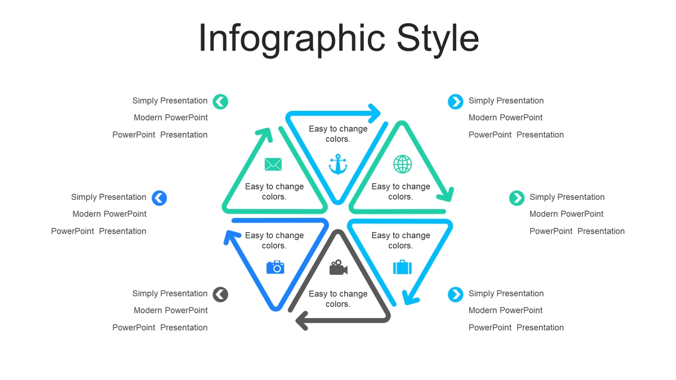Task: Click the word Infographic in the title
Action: pyautogui.click(x=292, y=39)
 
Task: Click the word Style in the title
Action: pyautogui.click(x=438, y=39)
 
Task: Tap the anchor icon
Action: pyautogui.click(x=338, y=164)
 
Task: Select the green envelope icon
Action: pyautogui.click(x=273, y=164)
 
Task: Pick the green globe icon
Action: pyautogui.click(x=402, y=164)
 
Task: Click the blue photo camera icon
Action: pyautogui.click(x=275, y=267)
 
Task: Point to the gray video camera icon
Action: pyautogui.click(x=339, y=267)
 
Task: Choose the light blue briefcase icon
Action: pyautogui.click(x=402, y=267)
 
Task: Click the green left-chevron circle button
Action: pyautogui.click(x=220, y=102)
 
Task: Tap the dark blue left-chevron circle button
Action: pyautogui.click(x=159, y=198)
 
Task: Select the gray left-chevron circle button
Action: pyautogui.click(x=220, y=294)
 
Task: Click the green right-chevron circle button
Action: pyautogui.click(x=517, y=198)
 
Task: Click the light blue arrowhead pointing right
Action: pyautogui.click(x=375, y=114)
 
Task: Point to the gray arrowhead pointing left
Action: pyautogui.click(x=301, y=320)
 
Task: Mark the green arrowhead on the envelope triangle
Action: pyautogui.click(x=265, y=134)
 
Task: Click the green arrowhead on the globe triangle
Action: pyautogui.click(x=446, y=195)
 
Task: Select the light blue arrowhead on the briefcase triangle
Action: pyautogui.click(x=410, y=298)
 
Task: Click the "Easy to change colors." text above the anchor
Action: pyautogui.click(x=338, y=134)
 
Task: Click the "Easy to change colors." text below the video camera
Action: pyautogui.click(x=338, y=299)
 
